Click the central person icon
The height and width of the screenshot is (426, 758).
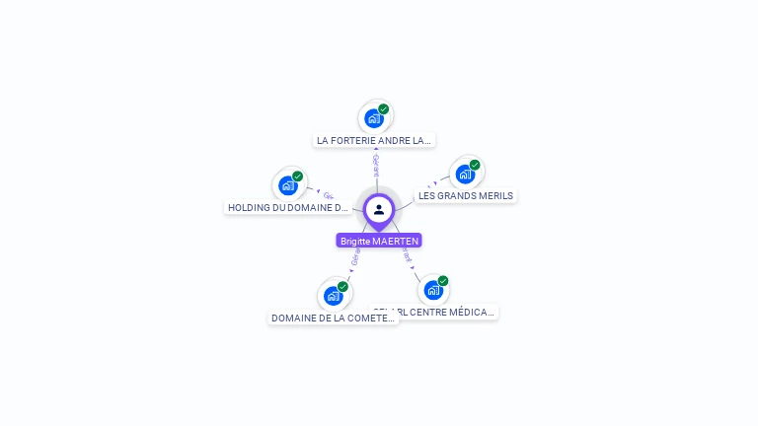pyautogui.click(x=379, y=209)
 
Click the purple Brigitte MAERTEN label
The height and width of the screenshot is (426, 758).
pyautogui.click(x=379, y=241)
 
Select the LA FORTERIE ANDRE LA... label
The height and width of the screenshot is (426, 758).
pyautogui.click(x=374, y=141)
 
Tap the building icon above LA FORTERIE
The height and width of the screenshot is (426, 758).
pyautogui.click(x=373, y=118)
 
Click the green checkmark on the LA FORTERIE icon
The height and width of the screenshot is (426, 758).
pyautogui.click(x=384, y=109)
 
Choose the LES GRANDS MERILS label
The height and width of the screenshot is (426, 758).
pyautogui.click(x=466, y=196)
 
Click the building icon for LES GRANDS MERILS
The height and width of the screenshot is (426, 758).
pyautogui.click(x=465, y=174)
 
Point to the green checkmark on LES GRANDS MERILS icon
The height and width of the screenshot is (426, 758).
pyautogui.click(x=475, y=165)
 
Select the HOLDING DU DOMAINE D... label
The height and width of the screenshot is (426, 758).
pyautogui.click(x=288, y=208)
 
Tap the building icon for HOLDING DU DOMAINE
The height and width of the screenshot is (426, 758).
pyautogui.click(x=287, y=184)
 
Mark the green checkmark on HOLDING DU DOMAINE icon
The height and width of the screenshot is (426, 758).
pyautogui.click(x=298, y=177)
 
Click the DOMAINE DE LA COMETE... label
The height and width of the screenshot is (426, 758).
pyautogui.click(x=334, y=319)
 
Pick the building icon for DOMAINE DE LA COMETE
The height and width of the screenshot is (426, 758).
pyautogui.click(x=334, y=295)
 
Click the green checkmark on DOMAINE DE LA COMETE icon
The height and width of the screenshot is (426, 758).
pyautogui.click(x=343, y=287)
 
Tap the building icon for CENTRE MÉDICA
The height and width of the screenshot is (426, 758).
pyautogui.click(x=432, y=290)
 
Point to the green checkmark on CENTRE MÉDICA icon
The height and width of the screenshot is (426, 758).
pyautogui.click(x=443, y=281)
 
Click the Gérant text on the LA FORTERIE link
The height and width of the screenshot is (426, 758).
pyautogui.click(x=376, y=166)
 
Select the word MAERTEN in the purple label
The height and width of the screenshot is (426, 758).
pyautogui.click(x=396, y=241)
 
